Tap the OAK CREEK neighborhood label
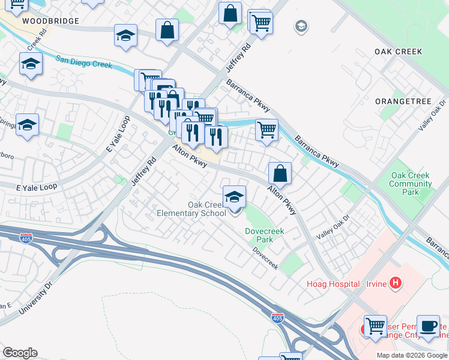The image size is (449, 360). (x=399, y=52)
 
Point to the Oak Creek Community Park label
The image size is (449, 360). (x=411, y=184)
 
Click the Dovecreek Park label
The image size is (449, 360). (x=264, y=235)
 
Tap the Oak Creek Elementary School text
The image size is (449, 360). (x=191, y=209)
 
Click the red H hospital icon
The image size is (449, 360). (x=395, y=283)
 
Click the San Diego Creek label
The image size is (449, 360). (x=84, y=62)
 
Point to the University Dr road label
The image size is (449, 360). (x=36, y=297)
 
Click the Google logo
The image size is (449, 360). (x=19, y=353)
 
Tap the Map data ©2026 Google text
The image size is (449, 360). (x=412, y=355)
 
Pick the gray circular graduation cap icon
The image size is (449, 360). (x=301, y=26)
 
